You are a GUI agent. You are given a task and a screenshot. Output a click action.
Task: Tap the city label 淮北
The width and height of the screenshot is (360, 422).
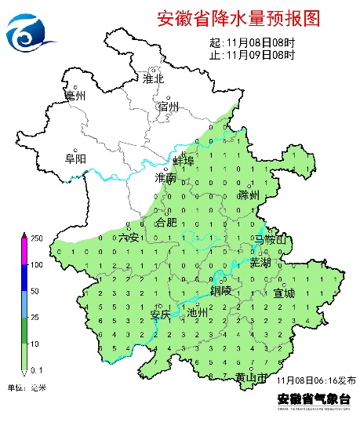(x=153, y=78)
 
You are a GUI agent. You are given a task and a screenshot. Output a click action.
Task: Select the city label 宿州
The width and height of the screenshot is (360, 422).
(x=169, y=107)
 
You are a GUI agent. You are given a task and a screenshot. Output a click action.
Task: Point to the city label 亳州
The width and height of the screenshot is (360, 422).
(x=75, y=96)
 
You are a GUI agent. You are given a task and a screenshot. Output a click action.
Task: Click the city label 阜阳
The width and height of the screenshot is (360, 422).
(x=75, y=158)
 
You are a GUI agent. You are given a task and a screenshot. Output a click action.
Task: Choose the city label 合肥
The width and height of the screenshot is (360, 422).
(x=167, y=223)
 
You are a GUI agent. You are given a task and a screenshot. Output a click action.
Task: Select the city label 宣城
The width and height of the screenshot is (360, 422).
(x=284, y=293)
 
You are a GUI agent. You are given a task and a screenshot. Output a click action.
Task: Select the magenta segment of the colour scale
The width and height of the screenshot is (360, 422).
(x=24, y=251)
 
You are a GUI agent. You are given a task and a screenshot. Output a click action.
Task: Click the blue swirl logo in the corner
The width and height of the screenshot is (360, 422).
(x=30, y=31)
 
